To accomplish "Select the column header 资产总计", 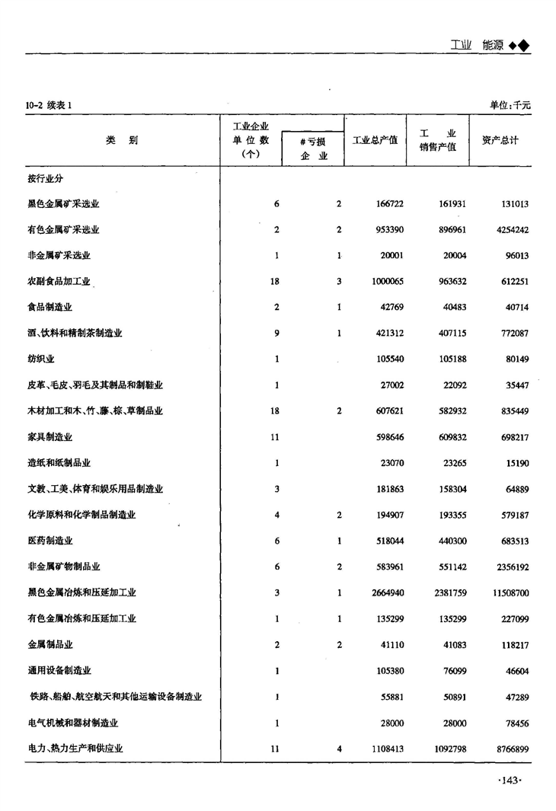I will (x=500, y=140).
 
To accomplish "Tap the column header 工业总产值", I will (x=375, y=140).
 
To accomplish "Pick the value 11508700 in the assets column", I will (x=506, y=592).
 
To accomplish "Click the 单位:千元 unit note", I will (x=510, y=104).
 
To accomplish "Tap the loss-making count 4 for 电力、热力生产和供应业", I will (x=338, y=749).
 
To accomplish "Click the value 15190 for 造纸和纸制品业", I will (x=514, y=463).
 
